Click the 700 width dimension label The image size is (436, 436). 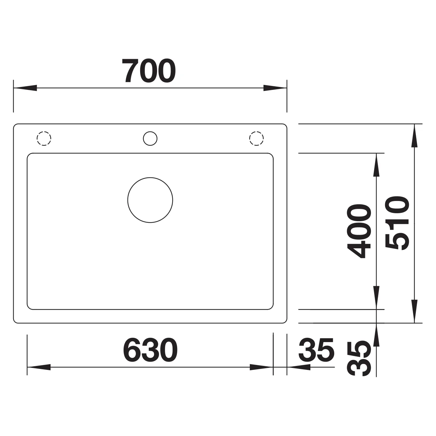click(149, 71)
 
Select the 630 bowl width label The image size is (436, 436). click(150, 350)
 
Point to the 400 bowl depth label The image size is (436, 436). click(359, 231)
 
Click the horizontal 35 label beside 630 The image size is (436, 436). click(316, 350)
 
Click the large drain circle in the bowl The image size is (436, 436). click(150, 178)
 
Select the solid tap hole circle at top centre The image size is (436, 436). click(150, 132)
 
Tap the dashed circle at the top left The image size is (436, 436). click(44, 132)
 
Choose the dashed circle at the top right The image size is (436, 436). click(257, 132)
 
